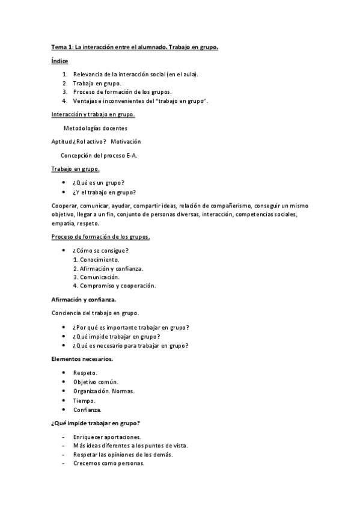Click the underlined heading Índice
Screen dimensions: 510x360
pos(59,61)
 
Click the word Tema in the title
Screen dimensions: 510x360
pos(58,47)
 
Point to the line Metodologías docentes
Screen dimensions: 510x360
pos(95,127)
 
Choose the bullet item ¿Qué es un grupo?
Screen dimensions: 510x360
pos(103,182)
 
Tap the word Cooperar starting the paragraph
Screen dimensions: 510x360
pos(64,206)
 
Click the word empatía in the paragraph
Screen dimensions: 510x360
pos(63,223)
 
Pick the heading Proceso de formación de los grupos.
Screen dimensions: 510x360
pos(100,236)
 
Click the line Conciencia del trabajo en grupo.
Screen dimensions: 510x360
pos(96,313)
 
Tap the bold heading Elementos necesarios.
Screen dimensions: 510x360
pos(82,359)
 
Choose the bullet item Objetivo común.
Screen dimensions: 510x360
pos(96,382)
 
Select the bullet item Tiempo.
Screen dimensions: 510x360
pos(84,400)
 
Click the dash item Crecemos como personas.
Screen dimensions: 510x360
pos(109,464)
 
